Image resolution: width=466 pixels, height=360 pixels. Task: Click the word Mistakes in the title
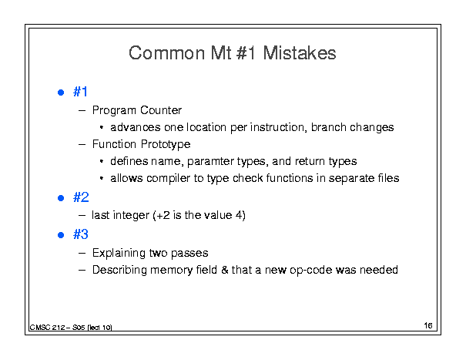coord(300,53)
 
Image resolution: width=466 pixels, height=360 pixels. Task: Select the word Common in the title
coord(166,53)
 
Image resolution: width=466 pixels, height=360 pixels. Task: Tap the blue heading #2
coord(81,197)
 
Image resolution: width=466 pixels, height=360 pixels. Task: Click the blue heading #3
coord(81,234)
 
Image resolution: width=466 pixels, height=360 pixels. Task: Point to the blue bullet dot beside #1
coord(61,93)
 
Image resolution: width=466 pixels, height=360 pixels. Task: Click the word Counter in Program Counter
coord(161,110)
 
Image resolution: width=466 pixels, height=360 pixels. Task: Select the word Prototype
coord(166,145)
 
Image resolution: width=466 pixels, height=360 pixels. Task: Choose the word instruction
coord(278,127)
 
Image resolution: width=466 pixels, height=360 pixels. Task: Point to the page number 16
coord(428,325)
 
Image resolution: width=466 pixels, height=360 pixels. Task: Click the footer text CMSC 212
coord(47,328)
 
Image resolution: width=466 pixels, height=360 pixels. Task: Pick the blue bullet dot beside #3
coord(61,235)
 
